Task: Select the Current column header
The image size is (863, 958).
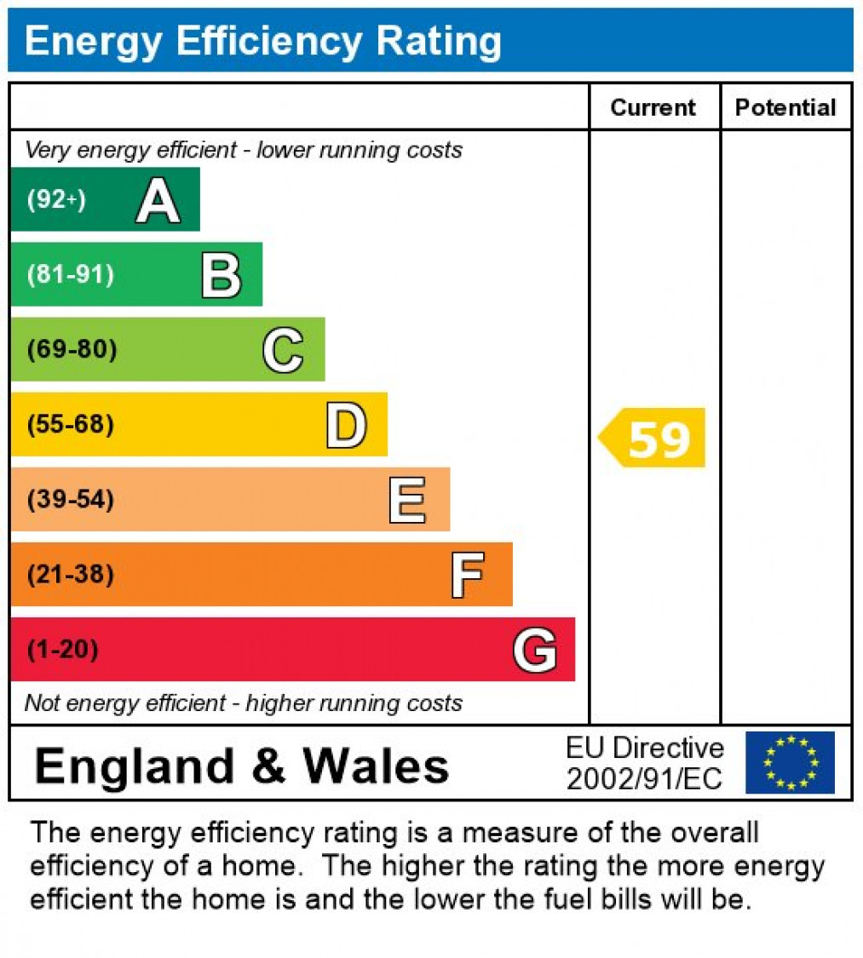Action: tap(653, 107)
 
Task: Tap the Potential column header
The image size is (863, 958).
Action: tap(785, 107)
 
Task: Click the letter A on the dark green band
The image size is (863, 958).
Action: tap(158, 201)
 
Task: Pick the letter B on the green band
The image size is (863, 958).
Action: tap(221, 275)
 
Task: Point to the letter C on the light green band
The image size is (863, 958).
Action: tap(283, 350)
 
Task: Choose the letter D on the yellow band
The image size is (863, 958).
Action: tap(346, 425)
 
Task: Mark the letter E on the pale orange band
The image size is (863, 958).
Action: tap(407, 500)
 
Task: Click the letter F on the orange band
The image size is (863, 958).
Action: tap(468, 575)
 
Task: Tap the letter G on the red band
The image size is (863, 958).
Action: tap(535, 650)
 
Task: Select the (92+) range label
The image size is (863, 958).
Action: tap(56, 201)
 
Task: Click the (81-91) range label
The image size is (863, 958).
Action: tap(70, 275)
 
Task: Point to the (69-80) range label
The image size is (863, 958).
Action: tap(72, 350)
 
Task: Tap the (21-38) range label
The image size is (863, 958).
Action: tap(70, 575)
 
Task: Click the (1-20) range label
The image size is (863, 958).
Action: tap(62, 650)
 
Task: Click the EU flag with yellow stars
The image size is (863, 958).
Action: tap(790, 763)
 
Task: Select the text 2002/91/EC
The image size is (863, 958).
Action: tap(644, 778)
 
